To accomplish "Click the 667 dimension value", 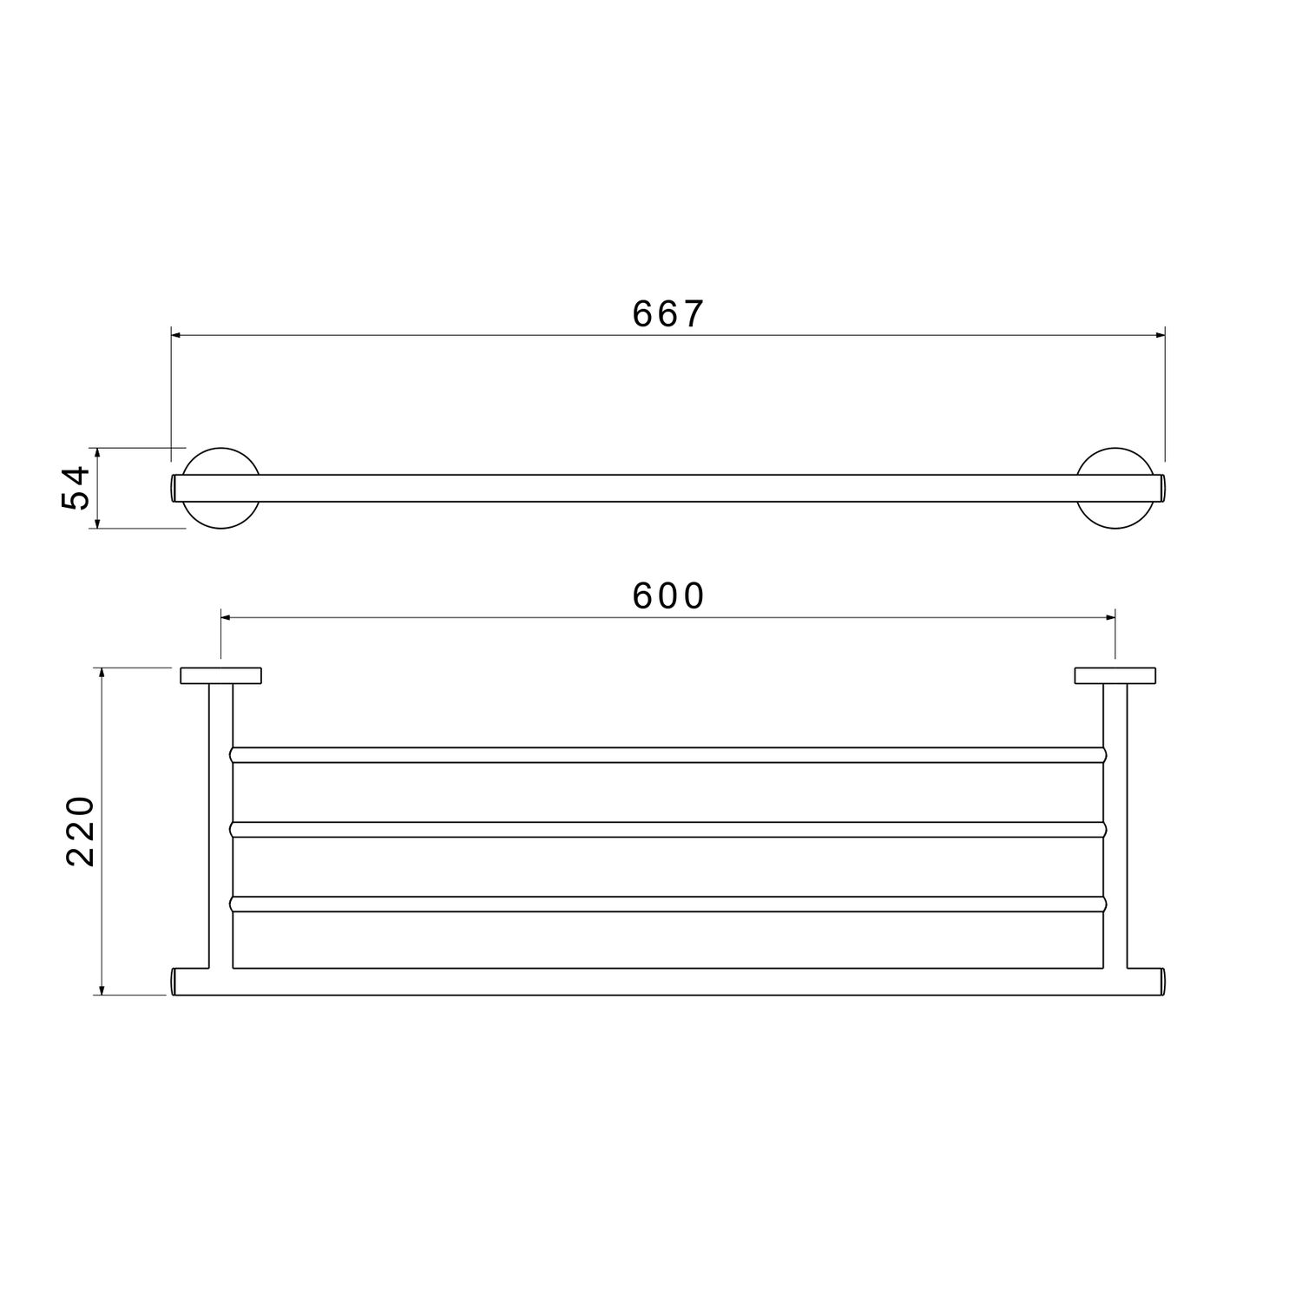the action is (667, 314).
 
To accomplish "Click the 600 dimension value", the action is (668, 596).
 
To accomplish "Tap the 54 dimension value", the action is (76, 488).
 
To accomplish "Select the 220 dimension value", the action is (81, 831).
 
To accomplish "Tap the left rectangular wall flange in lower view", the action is (221, 676).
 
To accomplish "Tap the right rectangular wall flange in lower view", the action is (1115, 676).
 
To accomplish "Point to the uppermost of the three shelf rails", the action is (668, 755).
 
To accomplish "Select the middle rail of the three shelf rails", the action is (668, 830).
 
